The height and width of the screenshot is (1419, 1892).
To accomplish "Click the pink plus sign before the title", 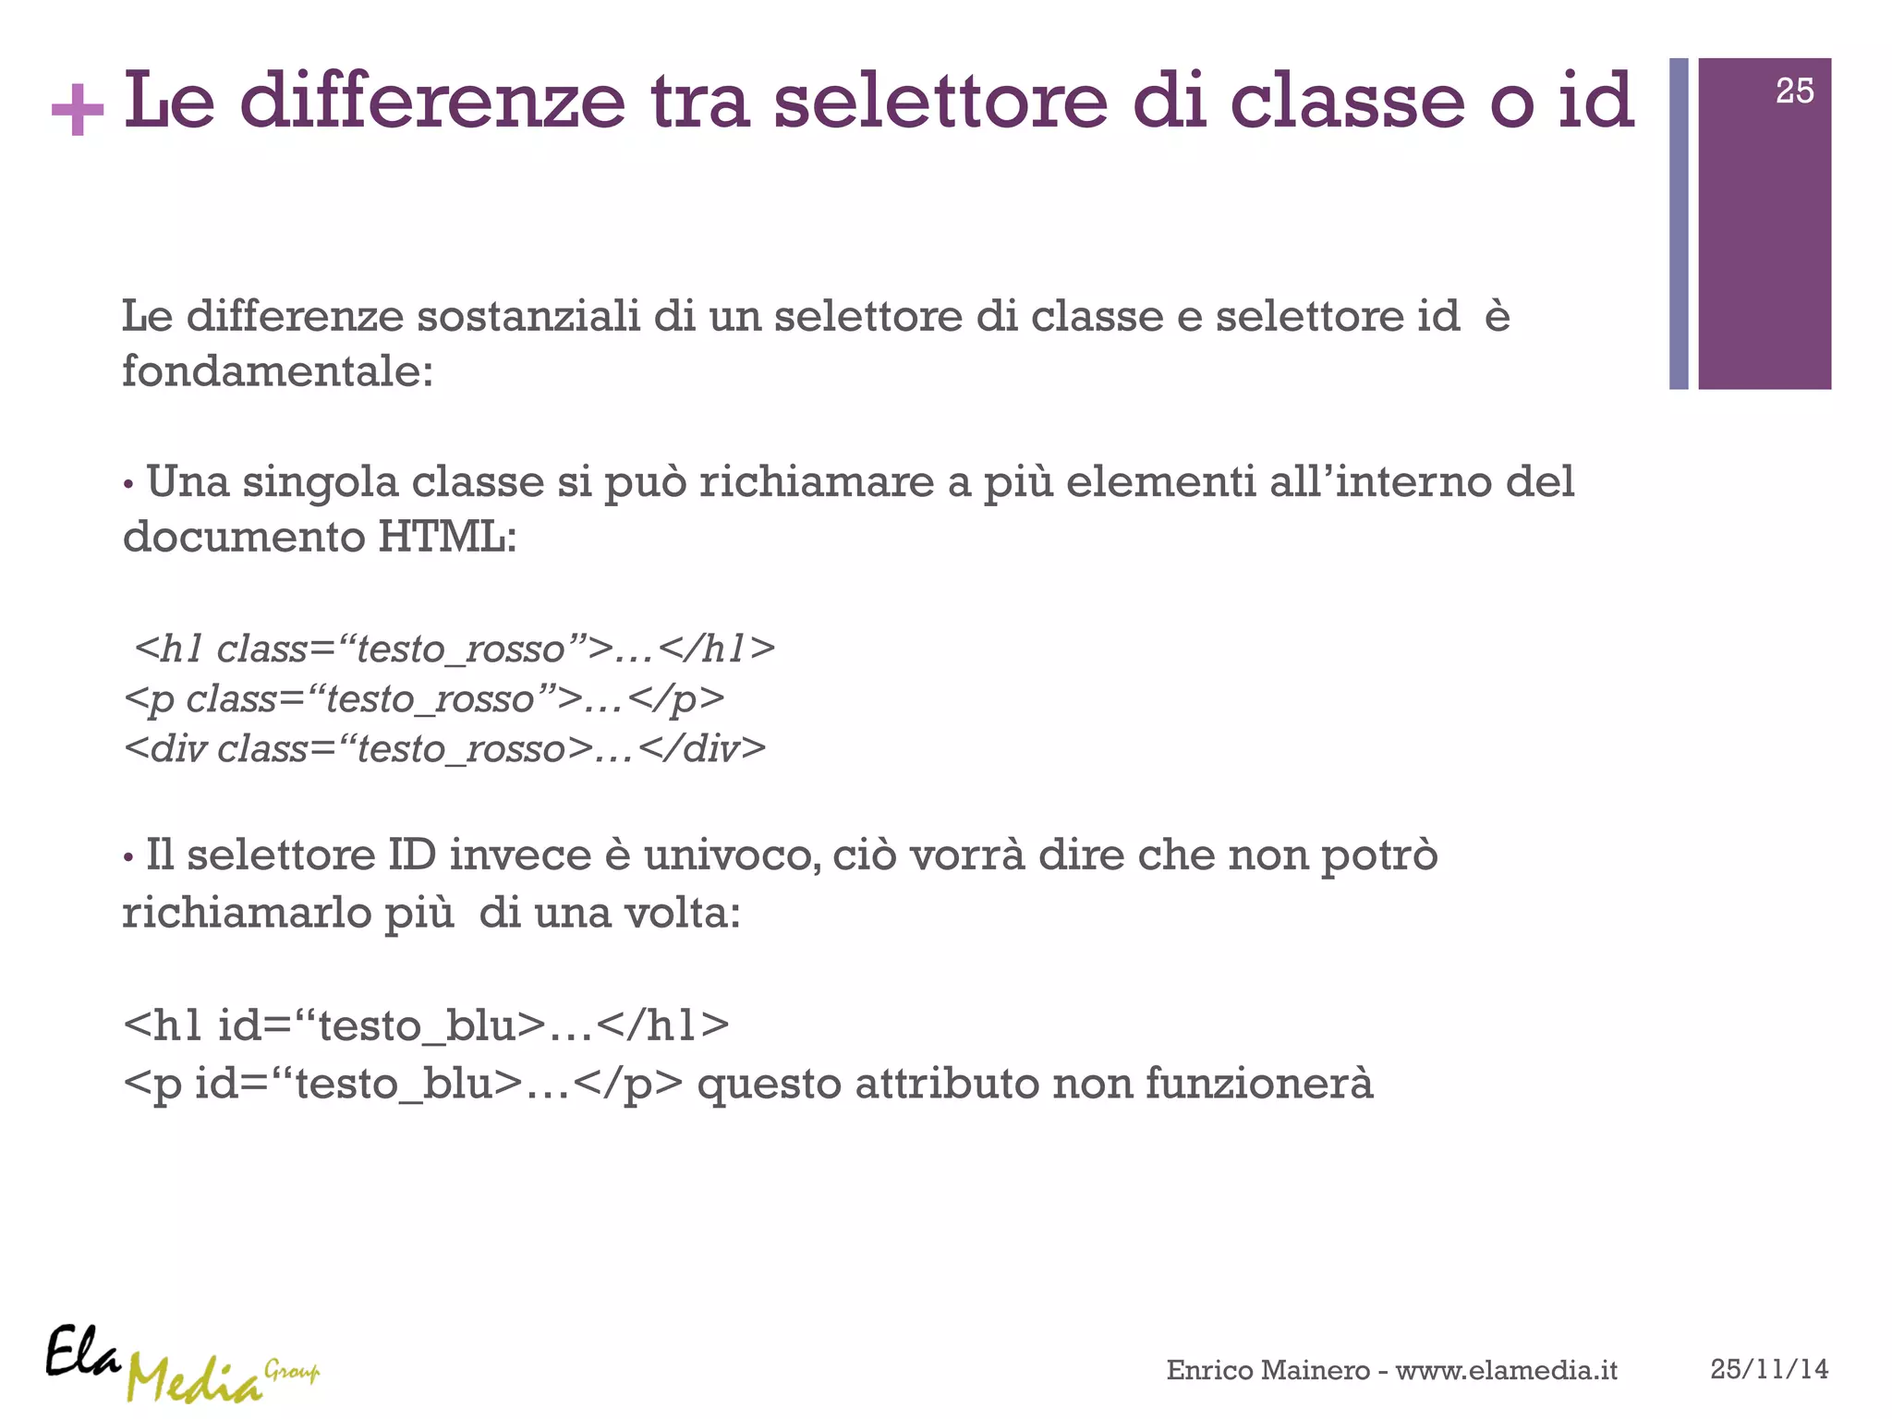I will coord(78,109).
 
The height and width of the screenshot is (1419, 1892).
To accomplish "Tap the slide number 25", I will coord(1794,91).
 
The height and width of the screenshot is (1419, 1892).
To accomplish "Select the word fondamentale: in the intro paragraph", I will coord(277,372).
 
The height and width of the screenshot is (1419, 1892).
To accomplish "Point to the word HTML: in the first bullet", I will coord(446,537).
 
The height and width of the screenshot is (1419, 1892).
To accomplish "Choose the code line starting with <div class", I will coord(444,748).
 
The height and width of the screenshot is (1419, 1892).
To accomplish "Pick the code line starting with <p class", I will coord(423,699).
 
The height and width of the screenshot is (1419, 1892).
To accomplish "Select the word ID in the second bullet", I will coord(411,855).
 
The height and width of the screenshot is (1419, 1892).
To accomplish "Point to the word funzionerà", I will coord(1259,1084).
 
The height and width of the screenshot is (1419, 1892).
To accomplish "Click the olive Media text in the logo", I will coord(194,1380).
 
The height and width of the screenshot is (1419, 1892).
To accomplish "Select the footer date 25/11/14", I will coord(1768,1369).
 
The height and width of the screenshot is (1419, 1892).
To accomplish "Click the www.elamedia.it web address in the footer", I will coord(1506,1370).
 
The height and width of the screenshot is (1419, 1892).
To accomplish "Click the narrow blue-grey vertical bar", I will coord(1679,224).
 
